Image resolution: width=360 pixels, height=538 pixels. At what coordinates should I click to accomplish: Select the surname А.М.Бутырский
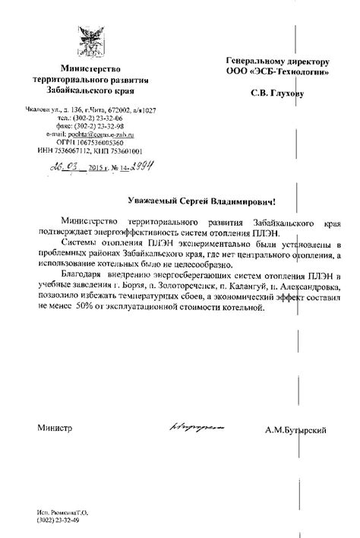[x=296, y=431]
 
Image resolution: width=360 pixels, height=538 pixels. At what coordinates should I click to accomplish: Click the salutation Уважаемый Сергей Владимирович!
[x=201, y=203]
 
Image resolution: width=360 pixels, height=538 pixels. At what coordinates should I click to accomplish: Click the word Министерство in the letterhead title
[x=90, y=70]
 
